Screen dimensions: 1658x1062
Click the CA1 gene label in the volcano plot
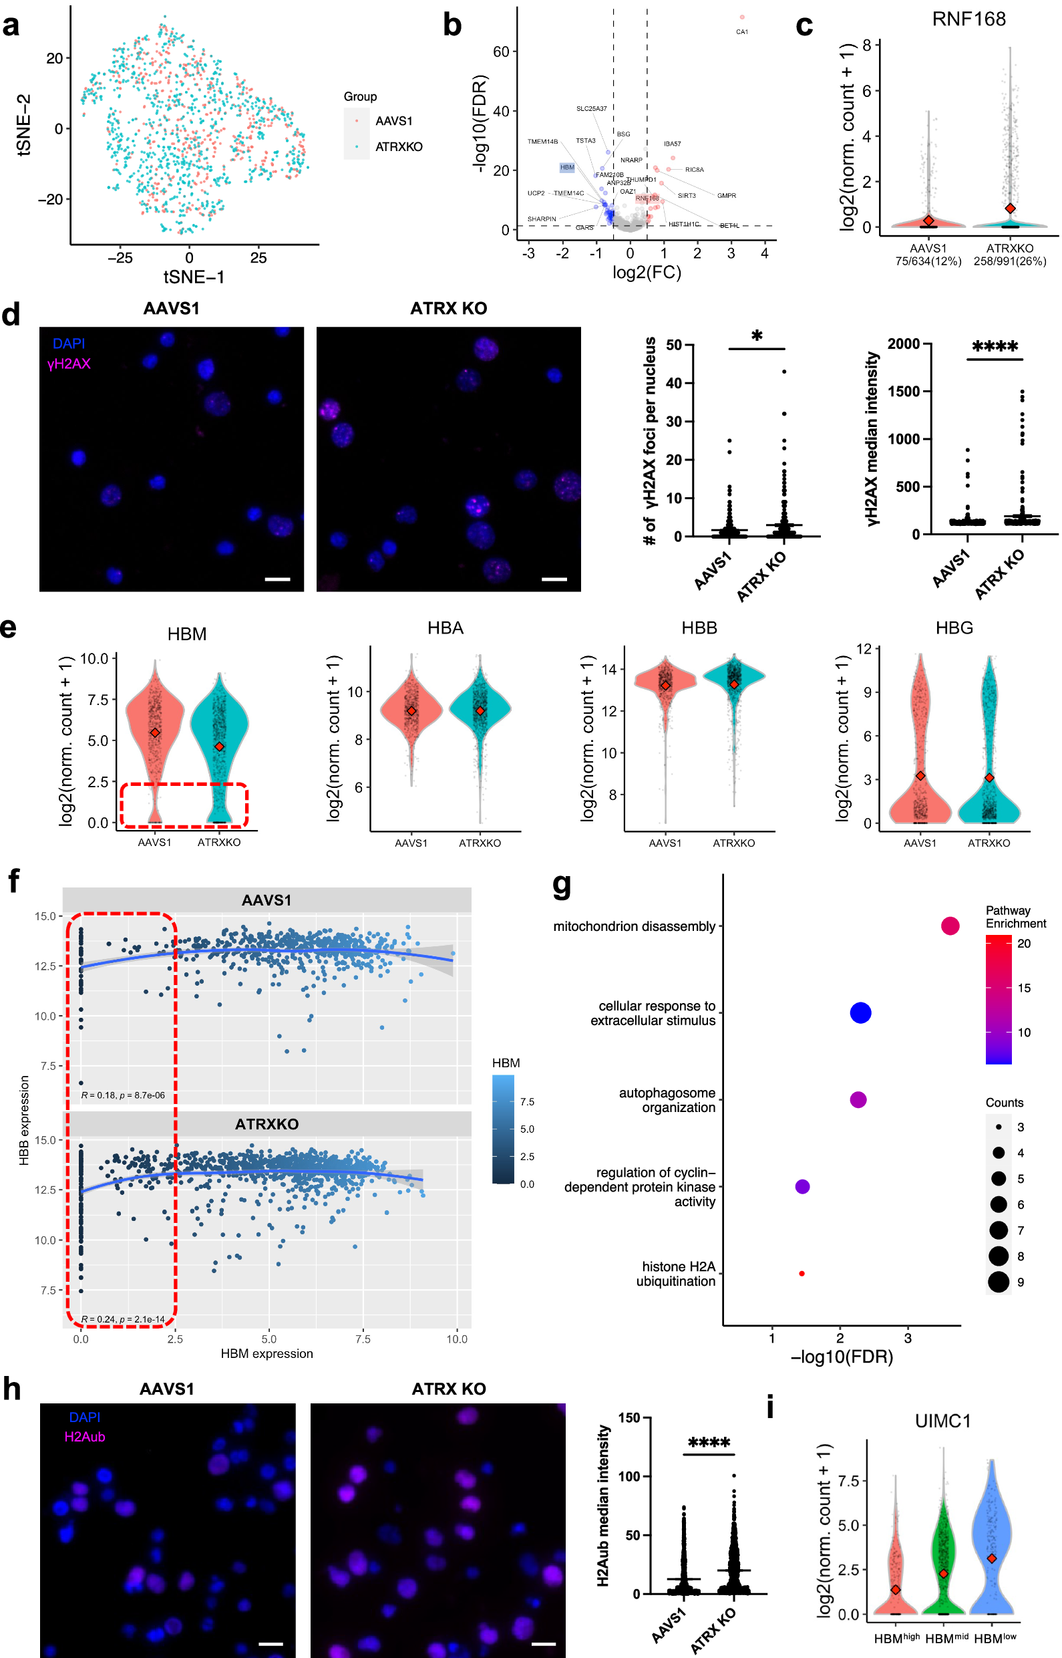(741, 31)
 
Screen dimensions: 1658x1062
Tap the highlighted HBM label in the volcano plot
(567, 167)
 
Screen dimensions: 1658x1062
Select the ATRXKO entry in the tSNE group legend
(398, 147)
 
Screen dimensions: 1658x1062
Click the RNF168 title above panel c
(968, 19)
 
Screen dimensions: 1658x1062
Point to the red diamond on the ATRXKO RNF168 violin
(1010, 209)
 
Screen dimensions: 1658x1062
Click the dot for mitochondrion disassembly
(950, 926)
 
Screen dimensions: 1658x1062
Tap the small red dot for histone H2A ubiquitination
(802, 1274)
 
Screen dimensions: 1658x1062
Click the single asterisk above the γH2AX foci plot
(757, 337)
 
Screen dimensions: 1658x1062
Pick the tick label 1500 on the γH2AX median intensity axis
(904, 391)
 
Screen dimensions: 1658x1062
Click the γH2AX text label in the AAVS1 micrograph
(69, 364)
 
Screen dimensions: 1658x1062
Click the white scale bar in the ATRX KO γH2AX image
(554, 579)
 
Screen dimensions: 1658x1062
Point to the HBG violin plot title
(954, 628)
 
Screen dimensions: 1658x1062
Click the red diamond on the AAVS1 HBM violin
(155, 732)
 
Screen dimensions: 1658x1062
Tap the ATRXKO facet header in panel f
(267, 1124)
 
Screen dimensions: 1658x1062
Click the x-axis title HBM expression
(267, 1354)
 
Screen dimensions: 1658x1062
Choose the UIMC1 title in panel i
(942, 1421)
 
